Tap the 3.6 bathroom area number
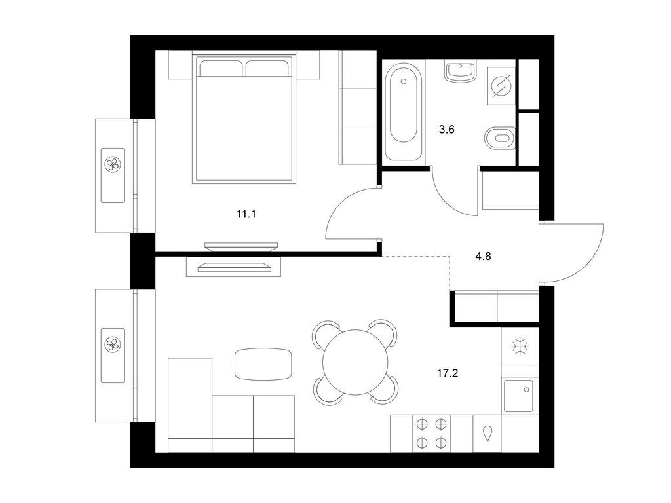[x=446, y=130]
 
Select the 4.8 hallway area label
[x=483, y=256]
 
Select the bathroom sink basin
[x=461, y=70]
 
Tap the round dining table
[x=355, y=361]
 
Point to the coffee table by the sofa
[x=263, y=363]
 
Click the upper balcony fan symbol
[x=113, y=164]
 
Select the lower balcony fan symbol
[x=113, y=343]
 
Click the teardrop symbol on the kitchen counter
[x=489, y=434]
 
